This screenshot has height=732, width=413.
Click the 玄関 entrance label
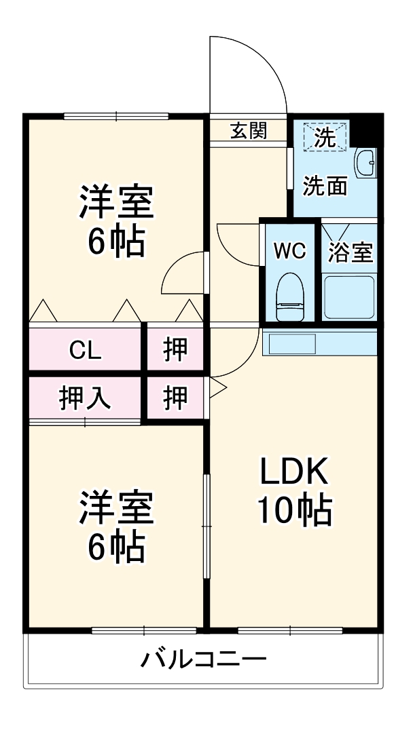[248, 131]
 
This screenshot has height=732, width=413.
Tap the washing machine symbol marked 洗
[325, 138]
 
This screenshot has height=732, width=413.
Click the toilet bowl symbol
[290, 296]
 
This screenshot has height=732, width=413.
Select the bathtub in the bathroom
[349, 297]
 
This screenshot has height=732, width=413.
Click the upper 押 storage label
[175, 349]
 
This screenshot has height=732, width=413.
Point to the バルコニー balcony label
[203, 659]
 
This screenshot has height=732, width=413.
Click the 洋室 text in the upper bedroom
[116, 201]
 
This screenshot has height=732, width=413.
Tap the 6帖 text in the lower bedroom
[116, 547]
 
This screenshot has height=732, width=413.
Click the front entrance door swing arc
[258, 68]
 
